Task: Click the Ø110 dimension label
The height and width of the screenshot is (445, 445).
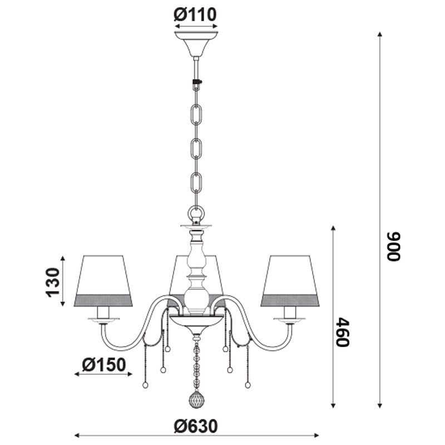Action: click(x=195, y=15)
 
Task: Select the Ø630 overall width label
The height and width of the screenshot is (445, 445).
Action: click(x=196, y=426)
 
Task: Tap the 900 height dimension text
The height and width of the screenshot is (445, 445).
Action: click(x=394, y=246)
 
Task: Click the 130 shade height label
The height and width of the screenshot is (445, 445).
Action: click(x=53, y=282)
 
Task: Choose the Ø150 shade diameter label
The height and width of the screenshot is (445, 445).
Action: click(x=103, y=365)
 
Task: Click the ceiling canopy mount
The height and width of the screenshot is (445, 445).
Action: click(x=196, y=44)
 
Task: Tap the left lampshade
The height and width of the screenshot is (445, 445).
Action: click(x=103, y=281)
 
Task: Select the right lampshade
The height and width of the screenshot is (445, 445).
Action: click(x=290, y=281)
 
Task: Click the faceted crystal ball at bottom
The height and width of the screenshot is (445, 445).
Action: click(x=196, y=399)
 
